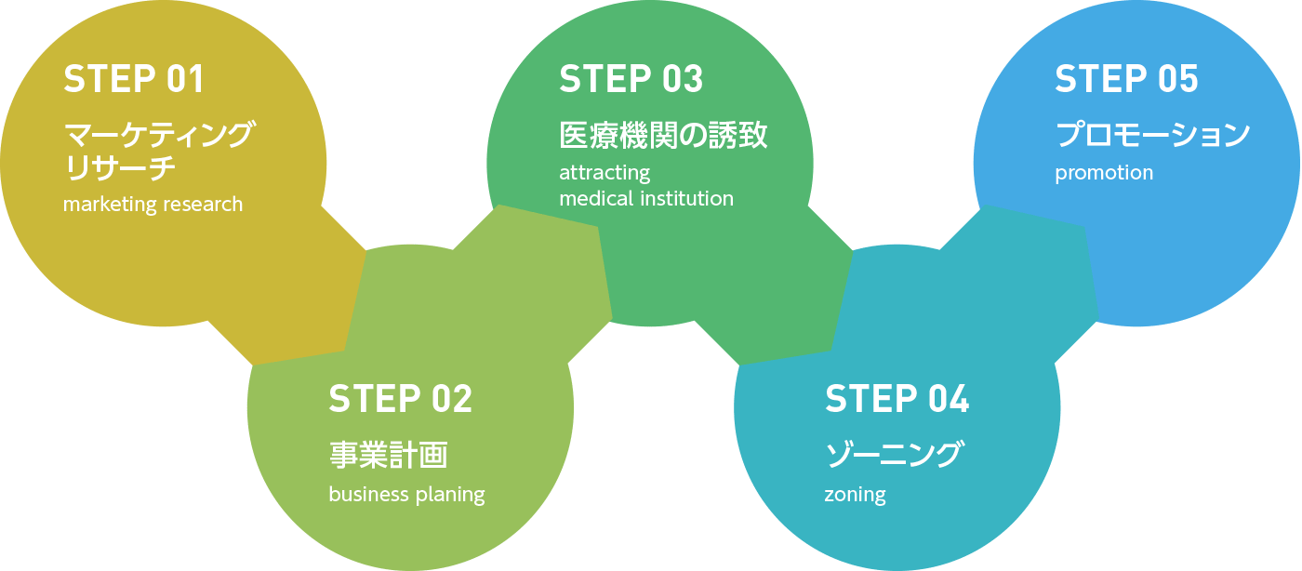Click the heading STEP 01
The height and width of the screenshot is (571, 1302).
[x=133, y=80]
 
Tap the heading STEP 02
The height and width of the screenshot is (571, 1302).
[x=400, y=399]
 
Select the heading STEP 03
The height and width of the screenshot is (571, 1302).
[x=631, y=80]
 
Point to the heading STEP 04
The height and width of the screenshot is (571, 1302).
[x=897, y=399]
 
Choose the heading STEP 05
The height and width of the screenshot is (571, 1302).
[x=1126, y=80]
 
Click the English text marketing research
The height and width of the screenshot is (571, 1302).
[x=153, y=205]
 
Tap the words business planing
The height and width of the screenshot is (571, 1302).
[x=406, y=495]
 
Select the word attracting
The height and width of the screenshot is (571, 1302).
[x=604, y=173]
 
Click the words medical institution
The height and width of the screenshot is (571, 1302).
[x=645, y=198]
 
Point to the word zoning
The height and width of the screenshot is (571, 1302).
[x=855, y=495]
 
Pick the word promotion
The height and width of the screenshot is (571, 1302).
[x=1104, y=173]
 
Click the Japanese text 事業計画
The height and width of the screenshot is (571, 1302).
[x=388, y=456]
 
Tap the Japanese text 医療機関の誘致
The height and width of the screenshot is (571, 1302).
[x=663, y=136]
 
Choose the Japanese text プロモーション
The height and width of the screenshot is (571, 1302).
[x=1152, y=136]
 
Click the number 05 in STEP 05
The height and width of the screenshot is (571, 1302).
[x=1178, y=80]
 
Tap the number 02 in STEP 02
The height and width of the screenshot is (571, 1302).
[x=452, y=399]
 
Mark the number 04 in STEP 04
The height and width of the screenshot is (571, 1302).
[x=949, y=399]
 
